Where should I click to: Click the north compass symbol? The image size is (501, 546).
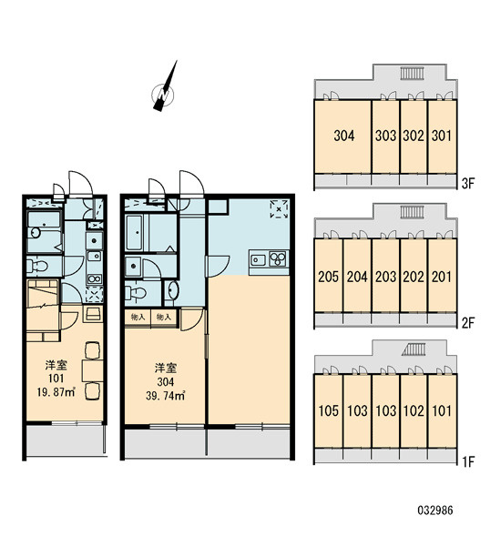(x=164, y=91)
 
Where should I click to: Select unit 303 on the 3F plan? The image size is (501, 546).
(x=385, y=136)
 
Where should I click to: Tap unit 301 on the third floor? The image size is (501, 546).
(x=442, y=136)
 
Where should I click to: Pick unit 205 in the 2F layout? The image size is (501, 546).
(x=329, y=276)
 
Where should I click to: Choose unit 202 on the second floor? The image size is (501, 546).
(x=414, y=276)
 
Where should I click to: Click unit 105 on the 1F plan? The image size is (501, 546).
(x=329, y=410)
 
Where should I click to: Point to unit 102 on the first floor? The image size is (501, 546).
(x=414, y=410)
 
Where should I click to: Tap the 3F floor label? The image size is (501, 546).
(x=468, y=184)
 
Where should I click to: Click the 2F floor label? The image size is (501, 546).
(x=468, y=323)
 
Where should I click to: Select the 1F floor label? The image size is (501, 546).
(x=468, y=461)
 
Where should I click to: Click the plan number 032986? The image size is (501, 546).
(x=435, y=511)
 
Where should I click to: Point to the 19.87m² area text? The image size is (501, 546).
(x=56, y=392)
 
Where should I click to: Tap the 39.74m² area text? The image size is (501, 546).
(x=165, y=396)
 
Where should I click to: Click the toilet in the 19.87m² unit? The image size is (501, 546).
(x=37, y=267)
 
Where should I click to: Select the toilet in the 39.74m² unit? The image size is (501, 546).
(x=136, y=292)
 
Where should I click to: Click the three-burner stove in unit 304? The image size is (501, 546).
(x=278, y=258)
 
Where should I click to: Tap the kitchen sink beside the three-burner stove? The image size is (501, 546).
(x=259, y=259)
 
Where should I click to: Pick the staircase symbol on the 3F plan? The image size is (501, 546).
(x=412, y=73)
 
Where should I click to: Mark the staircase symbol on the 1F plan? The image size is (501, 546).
(x=414, y=349)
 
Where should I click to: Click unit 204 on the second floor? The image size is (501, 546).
(x=357, y=276)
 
